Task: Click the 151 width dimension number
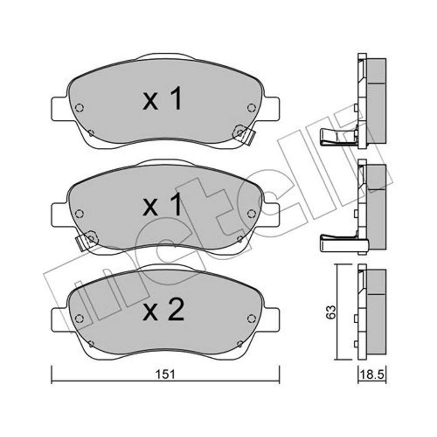tap(165, 374)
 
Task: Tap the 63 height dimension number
tap(331, 312)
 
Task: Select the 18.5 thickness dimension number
tap(372, 375)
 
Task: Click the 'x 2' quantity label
tap(163, 310)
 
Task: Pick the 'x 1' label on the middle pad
tap(162, 205)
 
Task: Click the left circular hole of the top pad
tap(79, 108)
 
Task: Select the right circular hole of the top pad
tap(251, 108)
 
